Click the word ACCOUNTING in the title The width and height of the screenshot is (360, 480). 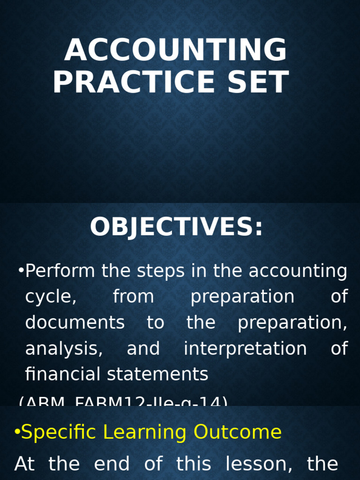[175, 50]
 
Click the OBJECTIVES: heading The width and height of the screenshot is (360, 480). [176, 227]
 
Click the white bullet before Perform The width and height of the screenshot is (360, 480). [21, 270]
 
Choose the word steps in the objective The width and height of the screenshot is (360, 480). [158, 271]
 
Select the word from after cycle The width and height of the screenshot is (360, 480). [133, 297]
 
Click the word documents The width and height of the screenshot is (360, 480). [75, 322]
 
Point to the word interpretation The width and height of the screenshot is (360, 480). [245, 349]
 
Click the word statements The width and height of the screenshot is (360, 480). [157, 374]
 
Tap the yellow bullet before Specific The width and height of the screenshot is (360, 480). [17, 432]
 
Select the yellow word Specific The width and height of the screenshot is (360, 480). [59, 432]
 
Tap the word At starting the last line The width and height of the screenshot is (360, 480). [24, 464]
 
